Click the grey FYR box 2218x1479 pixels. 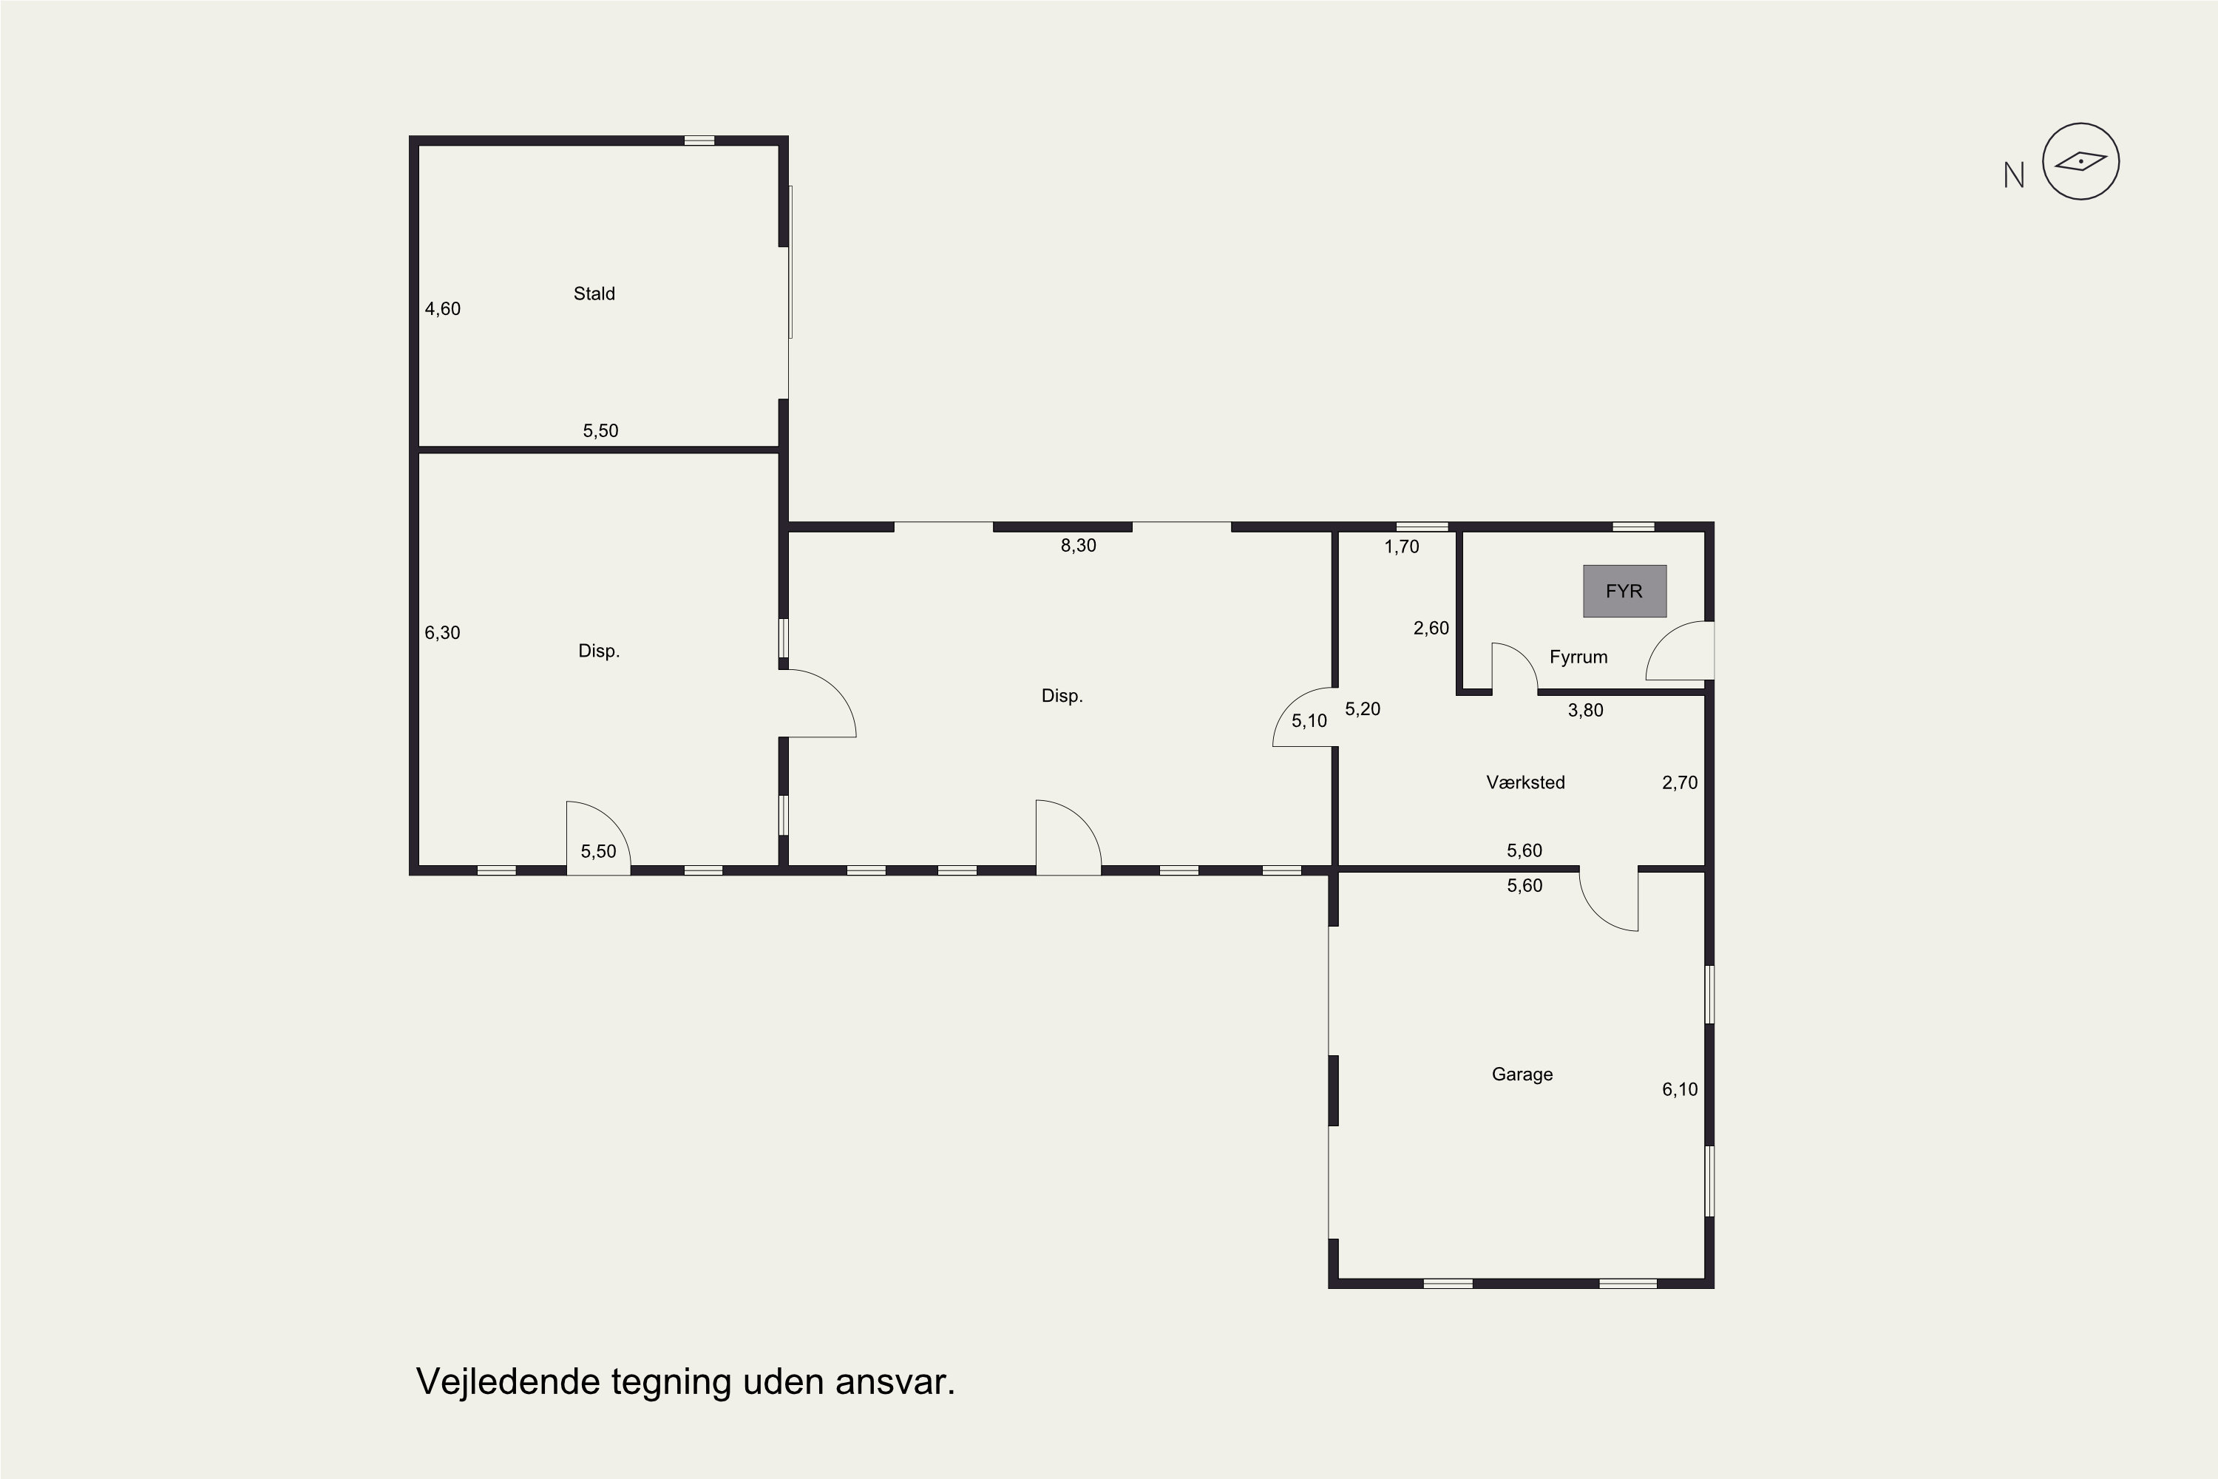(1624, 592)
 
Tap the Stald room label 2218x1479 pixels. (594, 294)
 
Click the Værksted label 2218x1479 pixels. (1525, 782)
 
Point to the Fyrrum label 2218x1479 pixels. (1578, 657)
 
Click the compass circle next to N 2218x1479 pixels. (2080, 161)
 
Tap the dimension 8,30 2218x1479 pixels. (1078, 545)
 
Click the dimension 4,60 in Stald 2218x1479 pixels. (442, 308)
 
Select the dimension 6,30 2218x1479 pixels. (442, 633)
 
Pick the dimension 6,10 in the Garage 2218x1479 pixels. (1680, 1089)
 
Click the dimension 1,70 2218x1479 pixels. (1401, 546)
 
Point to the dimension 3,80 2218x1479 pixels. (1585, 710)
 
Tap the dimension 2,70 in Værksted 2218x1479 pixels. (1680, 782)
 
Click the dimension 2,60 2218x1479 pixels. (1431, 628)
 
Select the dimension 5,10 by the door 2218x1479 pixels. (1309, 720)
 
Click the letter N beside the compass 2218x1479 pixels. (2013, 175)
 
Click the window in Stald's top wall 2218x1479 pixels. (699, 141)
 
